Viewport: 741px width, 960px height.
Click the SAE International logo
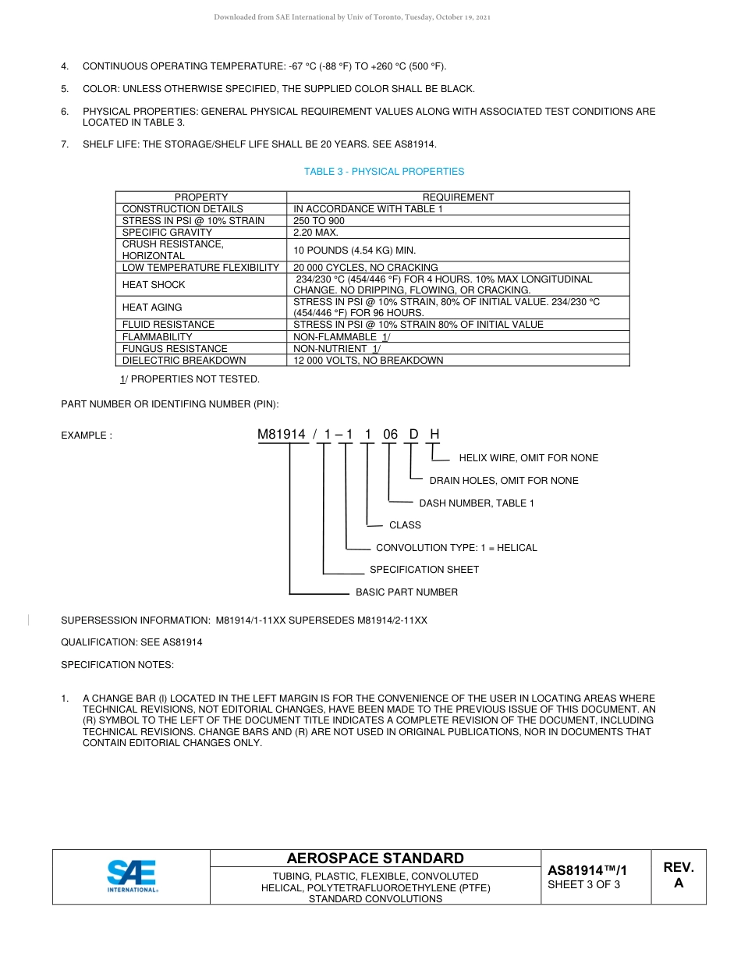[132, 876]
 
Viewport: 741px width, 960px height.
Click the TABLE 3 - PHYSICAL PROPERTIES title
[384, 172]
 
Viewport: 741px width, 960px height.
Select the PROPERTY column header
[201, 197]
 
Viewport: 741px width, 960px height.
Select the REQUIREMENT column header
[458, 197]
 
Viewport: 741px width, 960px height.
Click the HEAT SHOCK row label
[154, 285]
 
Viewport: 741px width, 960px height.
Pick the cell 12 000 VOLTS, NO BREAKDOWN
[368, 361]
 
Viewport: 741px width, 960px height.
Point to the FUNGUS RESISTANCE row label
[175, 349]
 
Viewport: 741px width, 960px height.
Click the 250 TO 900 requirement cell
[318, 221]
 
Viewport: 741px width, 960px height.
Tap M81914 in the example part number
[282, 435]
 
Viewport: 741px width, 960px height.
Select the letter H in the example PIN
[435, 435]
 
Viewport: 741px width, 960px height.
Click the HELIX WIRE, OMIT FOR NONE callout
[528, 458]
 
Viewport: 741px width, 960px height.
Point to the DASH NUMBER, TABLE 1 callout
[477, 503]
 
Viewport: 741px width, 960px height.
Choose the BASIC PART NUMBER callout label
[406, 592]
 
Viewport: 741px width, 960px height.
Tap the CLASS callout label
[405, 525]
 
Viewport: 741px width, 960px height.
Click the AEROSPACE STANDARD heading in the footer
[375, 859]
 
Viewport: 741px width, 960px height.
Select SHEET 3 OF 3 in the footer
[583, 884]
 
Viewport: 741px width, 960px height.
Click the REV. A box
[678, 876]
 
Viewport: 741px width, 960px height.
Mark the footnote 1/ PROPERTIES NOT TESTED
[189, 379]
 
